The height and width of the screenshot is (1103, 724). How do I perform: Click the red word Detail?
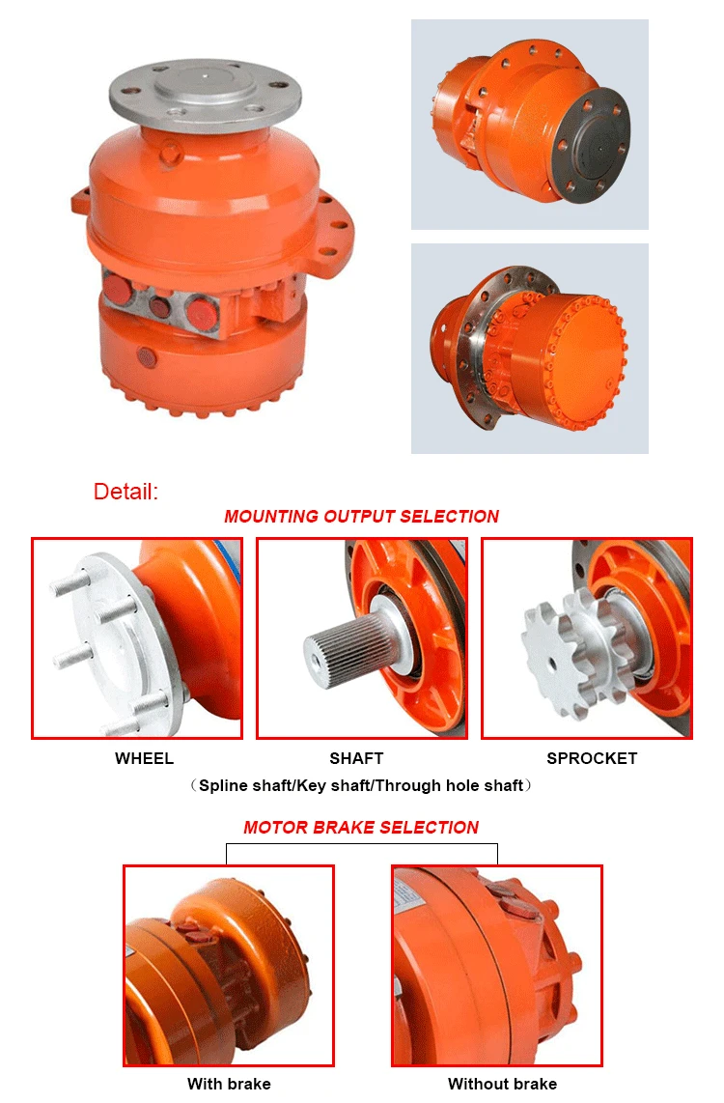[x=125, y=491]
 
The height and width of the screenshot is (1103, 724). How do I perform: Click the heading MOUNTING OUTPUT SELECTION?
[x=361, y=517]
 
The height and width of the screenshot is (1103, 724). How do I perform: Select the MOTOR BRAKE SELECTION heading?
[x=361, y=827]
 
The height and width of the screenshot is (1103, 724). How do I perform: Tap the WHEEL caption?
[x=144, y=758]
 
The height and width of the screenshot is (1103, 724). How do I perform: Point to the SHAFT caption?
[x=356, y=758]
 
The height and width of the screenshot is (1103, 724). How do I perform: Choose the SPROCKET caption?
[x=592, y=758]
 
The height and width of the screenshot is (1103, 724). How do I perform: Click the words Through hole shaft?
[x=461, y=786]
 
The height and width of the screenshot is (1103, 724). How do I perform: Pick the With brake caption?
[x=229, y=1084]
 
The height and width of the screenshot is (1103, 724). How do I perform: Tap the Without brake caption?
[x=502, y=1084]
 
